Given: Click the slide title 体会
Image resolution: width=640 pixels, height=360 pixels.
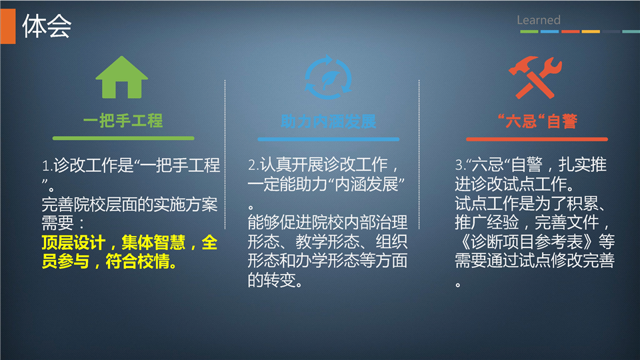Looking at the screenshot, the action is pyautogui.click(x=47, y=26).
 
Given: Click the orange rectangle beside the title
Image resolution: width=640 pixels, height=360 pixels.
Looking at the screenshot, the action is pyautogui.click(x=8, y=26).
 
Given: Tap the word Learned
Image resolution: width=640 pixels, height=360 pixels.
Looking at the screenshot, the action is pyautogui.click(x=539, y=19).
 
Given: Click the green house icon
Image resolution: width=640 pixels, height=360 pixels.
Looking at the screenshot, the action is pyautogui.click(x=121, y=77).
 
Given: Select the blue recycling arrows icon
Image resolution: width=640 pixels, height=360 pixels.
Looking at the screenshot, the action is pyautogui.click(x=328, y=77).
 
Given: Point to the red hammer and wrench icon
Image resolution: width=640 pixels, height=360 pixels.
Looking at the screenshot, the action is pyautogui.click(x=535, y=77).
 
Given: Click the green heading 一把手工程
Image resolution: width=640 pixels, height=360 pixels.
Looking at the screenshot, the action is pyautogui.click(x=123, y=121).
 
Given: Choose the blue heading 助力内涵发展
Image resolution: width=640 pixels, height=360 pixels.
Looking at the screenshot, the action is pyautogui.click(x=328, y=121).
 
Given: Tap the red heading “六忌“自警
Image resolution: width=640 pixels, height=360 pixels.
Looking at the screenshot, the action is pyautogui.click(x=537, y=121).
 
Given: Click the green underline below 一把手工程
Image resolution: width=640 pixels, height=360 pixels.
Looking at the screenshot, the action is pyautogui.click(x=123, y=139).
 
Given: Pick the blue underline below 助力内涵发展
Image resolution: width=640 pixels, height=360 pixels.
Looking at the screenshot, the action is pyautogui.click(x=328, y=139).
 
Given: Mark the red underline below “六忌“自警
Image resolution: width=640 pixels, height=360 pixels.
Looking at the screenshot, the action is pyautogui.click(x=537, y=139).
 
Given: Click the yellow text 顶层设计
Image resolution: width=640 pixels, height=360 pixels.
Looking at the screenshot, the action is pyautogui.click(x=73, y=243).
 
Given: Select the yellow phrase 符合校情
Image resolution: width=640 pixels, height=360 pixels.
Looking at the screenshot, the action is pyautogui.click(x=137, y=261).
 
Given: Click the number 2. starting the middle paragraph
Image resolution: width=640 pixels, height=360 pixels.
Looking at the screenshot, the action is pyautogui.click(x=253, y=165).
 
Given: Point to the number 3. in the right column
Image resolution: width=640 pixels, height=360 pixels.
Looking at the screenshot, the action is pyautogui.click(x=461, y=165).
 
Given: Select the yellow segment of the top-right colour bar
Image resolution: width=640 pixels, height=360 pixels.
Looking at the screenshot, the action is pyautogui.click(x=591, y=31).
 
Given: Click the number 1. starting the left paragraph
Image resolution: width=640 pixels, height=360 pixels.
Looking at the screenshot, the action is pyautogui.click(x=47, y=166).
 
